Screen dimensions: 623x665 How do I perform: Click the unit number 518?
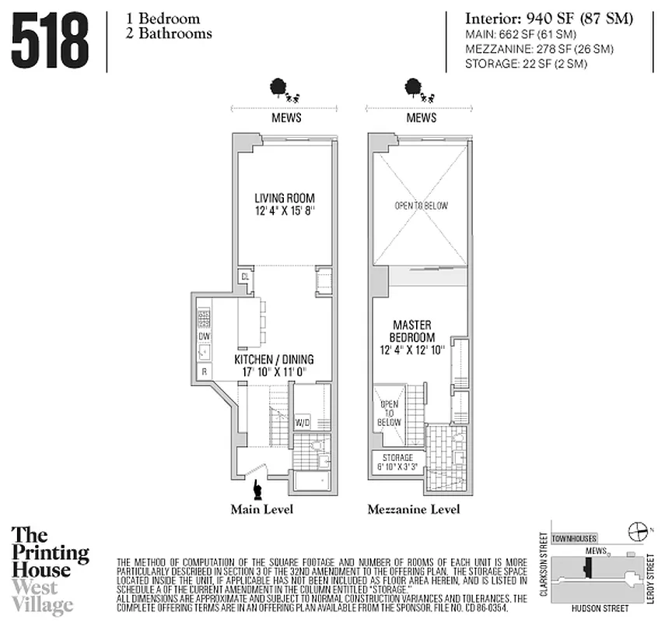coord(50,40)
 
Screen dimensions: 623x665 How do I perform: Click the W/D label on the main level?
coord(303,423)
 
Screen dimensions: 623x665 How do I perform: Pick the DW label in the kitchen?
coord(205,336)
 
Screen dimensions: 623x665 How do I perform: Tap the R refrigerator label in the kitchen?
coord(204,372)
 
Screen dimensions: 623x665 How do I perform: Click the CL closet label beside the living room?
coord(245,276)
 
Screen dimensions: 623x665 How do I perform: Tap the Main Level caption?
coord(261,510)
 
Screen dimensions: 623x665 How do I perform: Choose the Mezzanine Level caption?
coord(414,510)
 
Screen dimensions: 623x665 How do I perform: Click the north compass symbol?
coord(639,531)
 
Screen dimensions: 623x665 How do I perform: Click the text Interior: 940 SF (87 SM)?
coord(549,19)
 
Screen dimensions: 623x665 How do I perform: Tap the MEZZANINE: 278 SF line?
coord(539,49)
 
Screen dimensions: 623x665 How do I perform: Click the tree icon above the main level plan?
coord(276,88)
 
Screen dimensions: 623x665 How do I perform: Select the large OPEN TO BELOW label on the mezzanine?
coord(421,206)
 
